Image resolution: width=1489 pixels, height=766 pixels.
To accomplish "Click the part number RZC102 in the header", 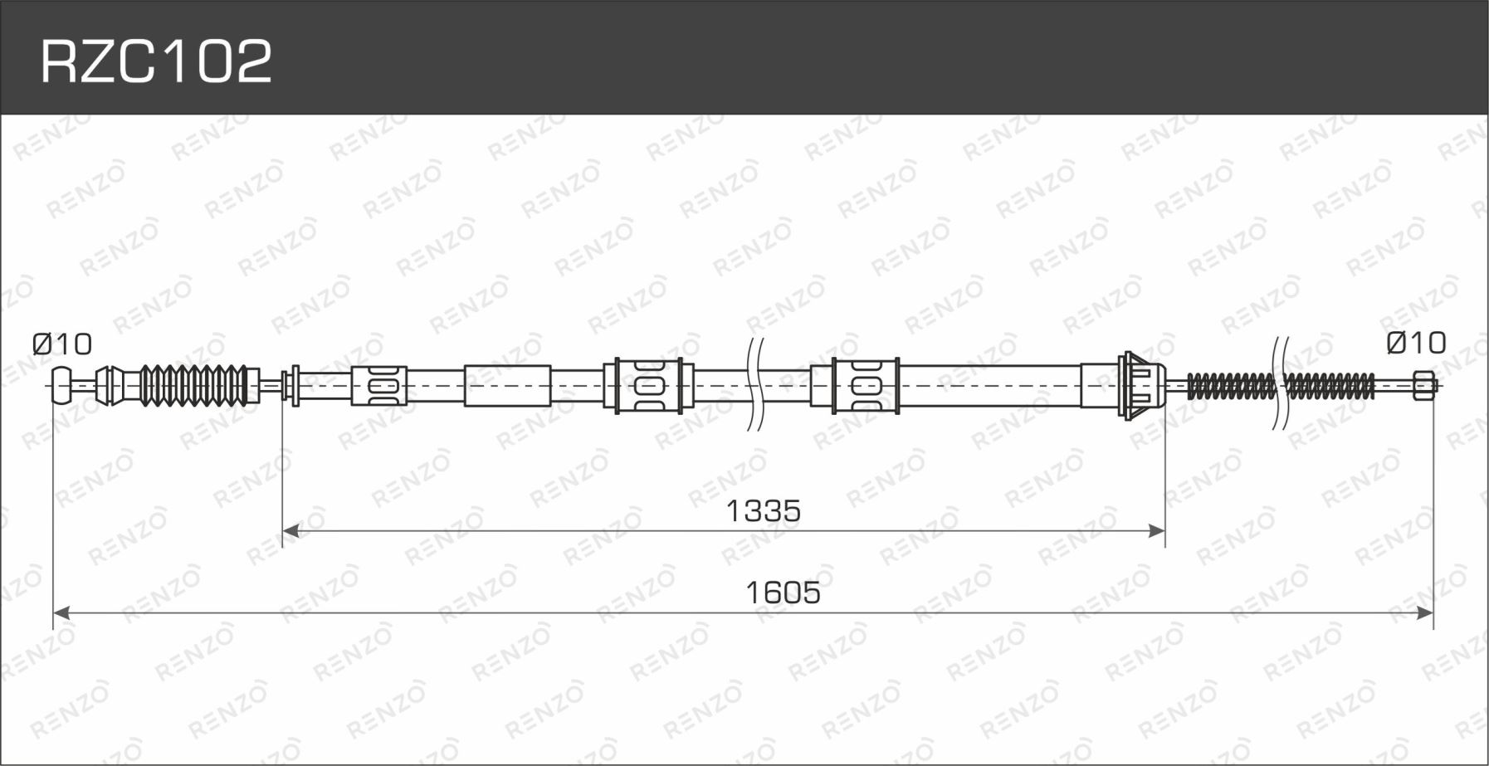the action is click(x=156, y=61).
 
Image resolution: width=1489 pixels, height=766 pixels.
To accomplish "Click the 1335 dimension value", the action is click(x=764, y=511).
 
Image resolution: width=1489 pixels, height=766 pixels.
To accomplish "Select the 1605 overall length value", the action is click(x=783, y=593).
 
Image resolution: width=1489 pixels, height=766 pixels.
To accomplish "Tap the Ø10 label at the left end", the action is click(x=62, y=344).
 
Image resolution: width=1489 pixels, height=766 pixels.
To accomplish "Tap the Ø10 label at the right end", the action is click(x=1416, y=343).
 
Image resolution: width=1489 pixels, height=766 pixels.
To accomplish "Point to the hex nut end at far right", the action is click(x=1423, y=386).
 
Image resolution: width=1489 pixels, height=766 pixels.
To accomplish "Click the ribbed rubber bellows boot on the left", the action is click(x=193, y=385).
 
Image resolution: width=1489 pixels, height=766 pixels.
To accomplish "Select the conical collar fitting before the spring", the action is click(x=1140, y=385).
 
